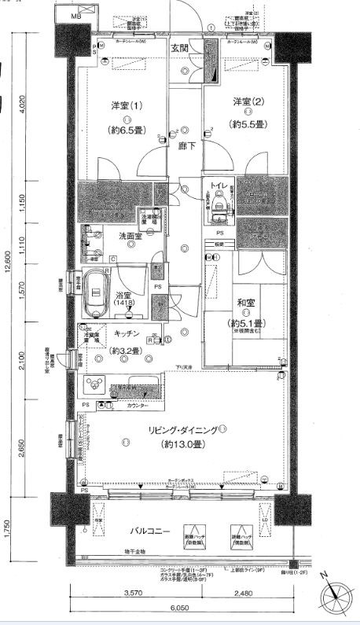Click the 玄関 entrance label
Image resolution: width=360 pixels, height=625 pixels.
(183, 49)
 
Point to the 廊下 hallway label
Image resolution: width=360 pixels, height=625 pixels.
(186, 146)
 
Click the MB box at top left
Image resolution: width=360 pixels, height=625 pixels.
(75, 16)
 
